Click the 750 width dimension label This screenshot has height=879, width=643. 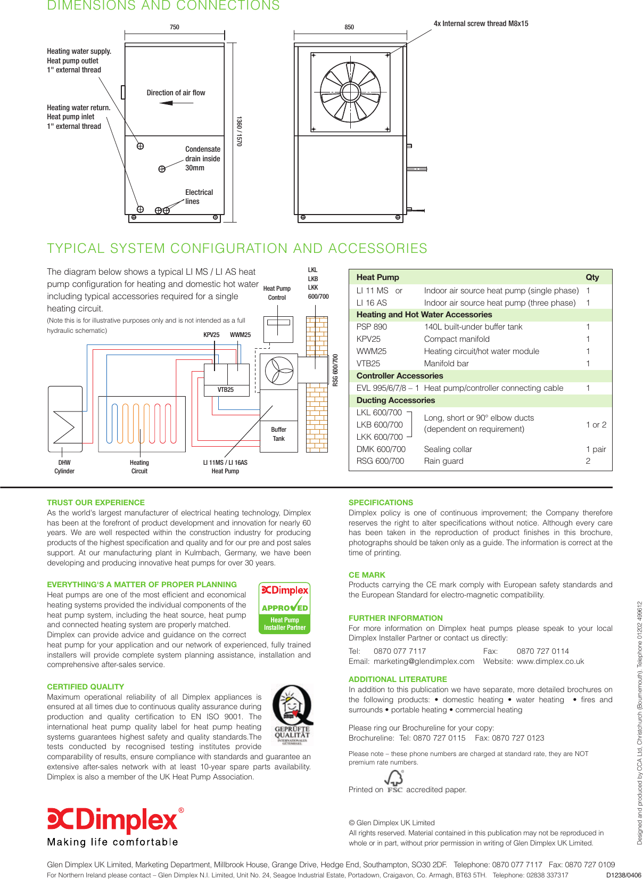pyautogui.click(x=175, y=27)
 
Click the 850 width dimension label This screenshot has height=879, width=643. pyautogui.click(x=349, y=27)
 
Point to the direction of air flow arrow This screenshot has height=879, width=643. pyautogui.click(x=176, y=103)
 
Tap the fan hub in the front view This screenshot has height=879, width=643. pyautogui.click(x=350, y=92)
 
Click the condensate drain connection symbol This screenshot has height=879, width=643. pyautogui.click(x=162, y=169)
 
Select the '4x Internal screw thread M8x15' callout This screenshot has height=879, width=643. pyautogui.click(x=481, y=23)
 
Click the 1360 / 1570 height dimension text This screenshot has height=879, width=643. pyautogui.click(x=239, y=132)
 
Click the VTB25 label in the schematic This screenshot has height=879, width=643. pyautogui.click(x=226, y=390)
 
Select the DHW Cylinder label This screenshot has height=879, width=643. pyautogui.click(x=64, y=467)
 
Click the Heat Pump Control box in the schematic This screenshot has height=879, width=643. pyautogui.click(x=278, y=330)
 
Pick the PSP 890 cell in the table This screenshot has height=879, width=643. pyautogui.click(x=372, y=327)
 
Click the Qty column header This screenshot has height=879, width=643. pyautogui.click(x=592, y=277)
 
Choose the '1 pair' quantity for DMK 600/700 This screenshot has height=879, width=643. pyautogui.click(x=596, y=449)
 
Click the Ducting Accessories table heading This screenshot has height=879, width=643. pyautogui.click(x=395, y=400)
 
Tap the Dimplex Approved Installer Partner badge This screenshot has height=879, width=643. pyautogui.click(x=285, y=607)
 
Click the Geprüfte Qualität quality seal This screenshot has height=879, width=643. pyautogui.click(x=291, y=715)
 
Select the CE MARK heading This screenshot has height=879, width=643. pyautogui.click(x=367, y=575)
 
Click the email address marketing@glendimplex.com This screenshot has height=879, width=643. pyautogui.click(x=424, y=661)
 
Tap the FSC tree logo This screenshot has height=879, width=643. pyautogui.click(x=394, y=781)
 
